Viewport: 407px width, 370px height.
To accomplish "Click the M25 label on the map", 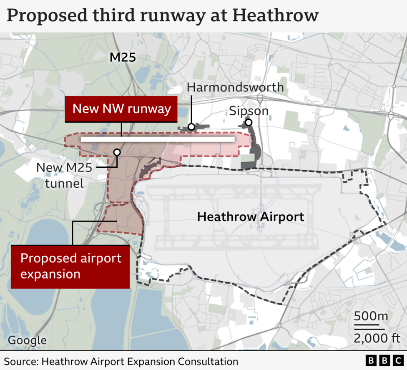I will pyautogui.click(x=123, y=57).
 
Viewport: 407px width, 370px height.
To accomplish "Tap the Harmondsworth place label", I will pyautogui.click(x=235, y=88).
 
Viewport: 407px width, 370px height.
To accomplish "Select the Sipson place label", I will pyautogui.click(x=249, y=111).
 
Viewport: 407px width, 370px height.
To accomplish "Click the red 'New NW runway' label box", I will pyautogui.click(x=121, y=109).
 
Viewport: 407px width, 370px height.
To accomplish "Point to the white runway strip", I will pyautogui.click(x=158, y=139).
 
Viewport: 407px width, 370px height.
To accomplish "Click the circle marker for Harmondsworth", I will pyautogui.click(x=191, y=127).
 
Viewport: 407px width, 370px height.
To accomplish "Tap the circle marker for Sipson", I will pyautogui.click(x=249, y=122).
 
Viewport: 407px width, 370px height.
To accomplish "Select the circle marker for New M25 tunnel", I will pyautogui.click(x=117, y=153).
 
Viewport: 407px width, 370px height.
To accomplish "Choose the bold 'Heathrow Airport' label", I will pyautogui.click(x=250, y=217).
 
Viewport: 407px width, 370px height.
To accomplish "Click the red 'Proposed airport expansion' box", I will pyautogui.click(x=70, y=266).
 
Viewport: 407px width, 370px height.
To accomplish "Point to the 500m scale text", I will pyautogui.click(x=371, y=316).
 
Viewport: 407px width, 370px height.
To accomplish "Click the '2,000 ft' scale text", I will pyautogui.click(x=371, y=337).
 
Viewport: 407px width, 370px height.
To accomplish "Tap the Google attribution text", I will pyautogui.click(x=27, y=340).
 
